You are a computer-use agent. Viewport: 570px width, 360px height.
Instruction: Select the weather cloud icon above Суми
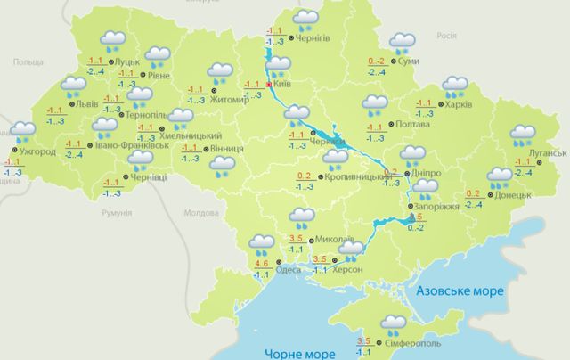click(x=403, y=42)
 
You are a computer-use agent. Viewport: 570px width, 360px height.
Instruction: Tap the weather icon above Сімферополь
click(x=392, y=324)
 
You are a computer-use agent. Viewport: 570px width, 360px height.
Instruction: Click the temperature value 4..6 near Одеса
click(x=262, y=263)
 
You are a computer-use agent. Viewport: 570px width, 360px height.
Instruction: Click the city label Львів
click(x=86, y=103)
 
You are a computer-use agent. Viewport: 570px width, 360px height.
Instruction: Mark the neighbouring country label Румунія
click(x=117, y=214)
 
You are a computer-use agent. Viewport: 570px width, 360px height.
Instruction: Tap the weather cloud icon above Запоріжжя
click(x=426, y=188)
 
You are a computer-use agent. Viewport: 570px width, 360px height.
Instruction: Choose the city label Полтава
click(x=411, y=125)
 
